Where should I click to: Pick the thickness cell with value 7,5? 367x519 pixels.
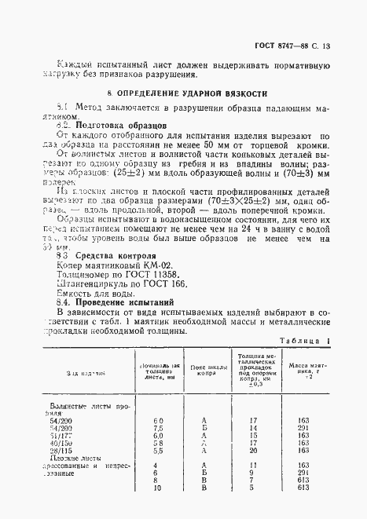[x=158, y=427]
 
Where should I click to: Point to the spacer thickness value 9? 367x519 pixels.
[x=252, y=472]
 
